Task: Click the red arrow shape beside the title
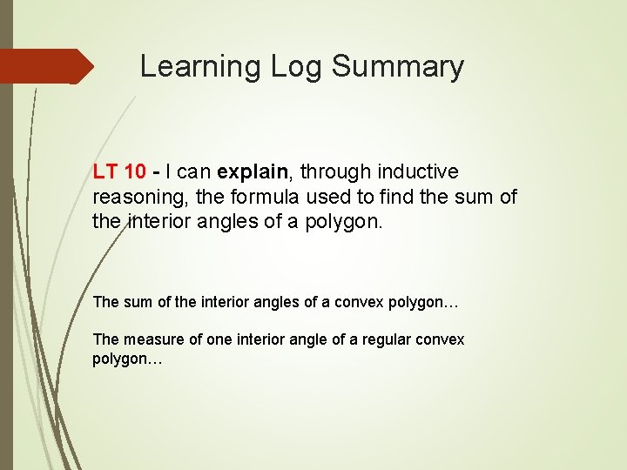coord(47,66)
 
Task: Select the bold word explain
coord(251,172)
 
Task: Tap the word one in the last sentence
coord(217,339)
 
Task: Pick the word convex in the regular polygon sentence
coord(442,339)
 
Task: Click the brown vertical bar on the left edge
coord(6,261)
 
